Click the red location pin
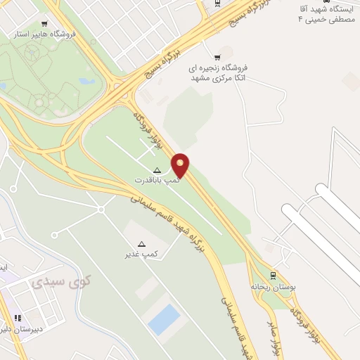(x=181, y=166)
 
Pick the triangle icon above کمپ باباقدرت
(x=157, y=169)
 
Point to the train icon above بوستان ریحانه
(x=274, y=275)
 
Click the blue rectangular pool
(x=165, y=320)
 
